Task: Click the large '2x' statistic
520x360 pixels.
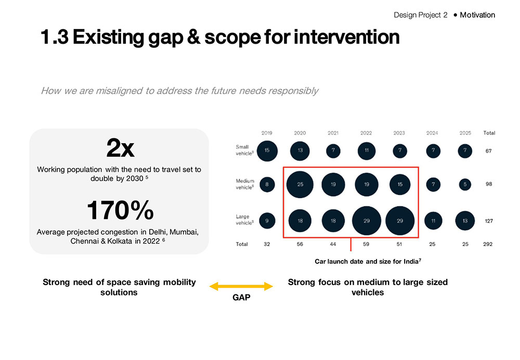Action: pyautogui.click(x=120, y=149)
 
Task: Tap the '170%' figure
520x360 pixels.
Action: pyautogui.click(x=120, y=210)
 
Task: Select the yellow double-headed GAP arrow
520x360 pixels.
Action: pyautogui.click(x=241, y=286)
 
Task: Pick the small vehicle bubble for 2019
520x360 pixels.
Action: pyautogui.click(x=267, y=151)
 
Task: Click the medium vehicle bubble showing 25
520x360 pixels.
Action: pyautogui.click(x=300, y=184)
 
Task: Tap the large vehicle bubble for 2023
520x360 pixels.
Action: pyautogui.click(x=399, y=221)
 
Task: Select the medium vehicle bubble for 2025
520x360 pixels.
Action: pyautogui.click(x=465, y=184)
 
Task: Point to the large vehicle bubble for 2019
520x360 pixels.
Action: pyautogui.click(x=267, y=221)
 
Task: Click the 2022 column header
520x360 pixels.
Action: pyautogui.click(x=366, y=133)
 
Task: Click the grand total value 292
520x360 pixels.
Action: pyautogui.click(x=488, y=244)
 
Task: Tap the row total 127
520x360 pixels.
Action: pyautogui.click(x=488, y=221)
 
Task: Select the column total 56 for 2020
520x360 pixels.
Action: pyautogui.click(x=300, y=244)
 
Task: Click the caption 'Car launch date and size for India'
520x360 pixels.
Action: pyautogui.click(x=368, y=261)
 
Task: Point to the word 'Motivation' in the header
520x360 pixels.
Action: pyautogui.click(x=477, y=15)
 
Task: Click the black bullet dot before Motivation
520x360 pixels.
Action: pyautogui.click(x=455, y=15)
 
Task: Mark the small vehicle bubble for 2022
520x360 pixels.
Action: pyautogui.click(x=366, y=151)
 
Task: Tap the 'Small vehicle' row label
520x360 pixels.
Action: pyautogui.click(x=244, y=150)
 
